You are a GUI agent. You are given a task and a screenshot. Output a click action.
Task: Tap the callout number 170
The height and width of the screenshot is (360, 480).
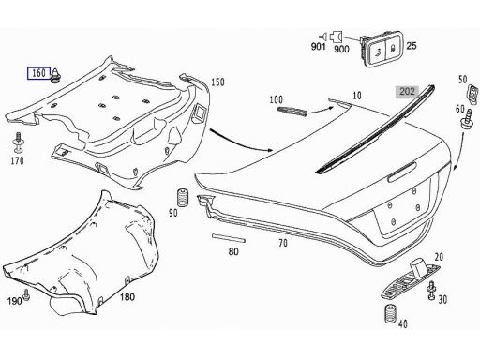[17, 160]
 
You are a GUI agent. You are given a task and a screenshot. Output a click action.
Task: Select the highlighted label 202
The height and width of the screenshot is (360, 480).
[408, 92]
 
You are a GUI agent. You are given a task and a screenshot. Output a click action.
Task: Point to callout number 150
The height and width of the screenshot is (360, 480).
[218, 82]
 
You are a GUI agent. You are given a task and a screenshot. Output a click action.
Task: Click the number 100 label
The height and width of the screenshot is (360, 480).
[276, 98]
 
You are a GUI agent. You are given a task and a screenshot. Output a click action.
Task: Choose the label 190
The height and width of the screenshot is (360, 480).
[14, 300]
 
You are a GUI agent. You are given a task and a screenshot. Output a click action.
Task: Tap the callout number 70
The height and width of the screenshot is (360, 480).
[282, 243]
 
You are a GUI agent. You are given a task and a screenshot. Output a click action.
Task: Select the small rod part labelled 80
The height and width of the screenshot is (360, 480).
[226, 239]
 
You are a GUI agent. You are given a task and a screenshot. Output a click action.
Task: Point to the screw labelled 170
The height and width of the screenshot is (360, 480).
[17, 143]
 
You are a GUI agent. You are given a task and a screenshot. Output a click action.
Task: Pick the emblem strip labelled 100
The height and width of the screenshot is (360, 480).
[290, 112]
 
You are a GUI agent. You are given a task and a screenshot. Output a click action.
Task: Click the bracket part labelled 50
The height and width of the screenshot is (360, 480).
[464, 97]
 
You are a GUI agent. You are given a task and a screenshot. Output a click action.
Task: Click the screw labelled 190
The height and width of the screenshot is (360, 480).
[27, 295]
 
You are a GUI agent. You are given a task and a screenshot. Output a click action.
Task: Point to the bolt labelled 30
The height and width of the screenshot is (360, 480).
[429, 296]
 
